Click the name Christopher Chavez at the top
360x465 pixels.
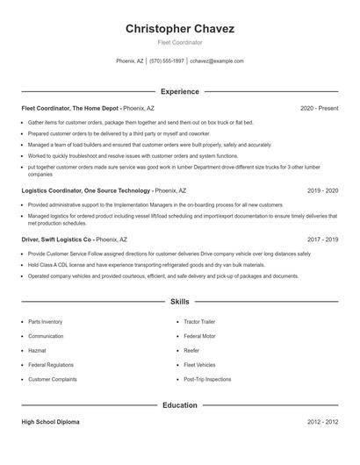pos(179,28)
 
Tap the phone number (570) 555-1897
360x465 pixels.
pos(167,61)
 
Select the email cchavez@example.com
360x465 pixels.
pos(217,61)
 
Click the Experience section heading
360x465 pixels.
pos(180,91)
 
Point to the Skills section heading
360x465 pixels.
pos(180,301)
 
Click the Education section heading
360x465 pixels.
pos(180,405)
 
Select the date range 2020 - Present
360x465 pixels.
pos(319,108)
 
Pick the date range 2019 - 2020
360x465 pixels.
pos(322,190)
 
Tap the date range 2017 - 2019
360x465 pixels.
pos(322,239)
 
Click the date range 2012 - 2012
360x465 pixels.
pos(322,422)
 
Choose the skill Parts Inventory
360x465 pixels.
pos(46,322)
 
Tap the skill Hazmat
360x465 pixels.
pos(39,350)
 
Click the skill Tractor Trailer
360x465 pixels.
pos(199,322)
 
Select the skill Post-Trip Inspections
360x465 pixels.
pos(207,379)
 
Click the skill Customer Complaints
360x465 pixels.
pos(53,379)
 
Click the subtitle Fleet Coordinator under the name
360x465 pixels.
pos(179,42)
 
